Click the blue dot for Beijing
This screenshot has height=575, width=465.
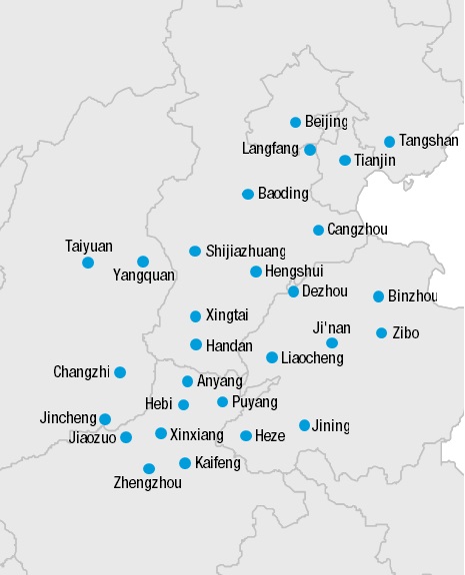295,123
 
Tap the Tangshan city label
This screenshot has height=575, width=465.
428,141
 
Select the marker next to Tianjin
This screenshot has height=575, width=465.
345,161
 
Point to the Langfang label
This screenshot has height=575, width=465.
270,150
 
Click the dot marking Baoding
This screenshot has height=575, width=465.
248,194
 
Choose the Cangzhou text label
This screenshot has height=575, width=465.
357,230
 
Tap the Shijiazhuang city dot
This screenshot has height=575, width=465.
195,252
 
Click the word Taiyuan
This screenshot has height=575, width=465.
89,246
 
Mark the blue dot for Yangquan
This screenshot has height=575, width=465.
143,262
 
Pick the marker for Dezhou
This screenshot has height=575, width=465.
293,291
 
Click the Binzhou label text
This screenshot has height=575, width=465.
412,296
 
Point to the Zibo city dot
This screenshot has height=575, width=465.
381,332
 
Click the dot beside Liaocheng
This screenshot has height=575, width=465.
272,357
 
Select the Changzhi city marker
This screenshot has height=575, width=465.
120,372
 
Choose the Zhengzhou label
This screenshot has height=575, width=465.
149,484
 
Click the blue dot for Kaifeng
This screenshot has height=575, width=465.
185,463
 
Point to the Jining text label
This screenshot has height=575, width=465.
330,426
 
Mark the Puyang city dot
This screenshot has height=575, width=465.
223,402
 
